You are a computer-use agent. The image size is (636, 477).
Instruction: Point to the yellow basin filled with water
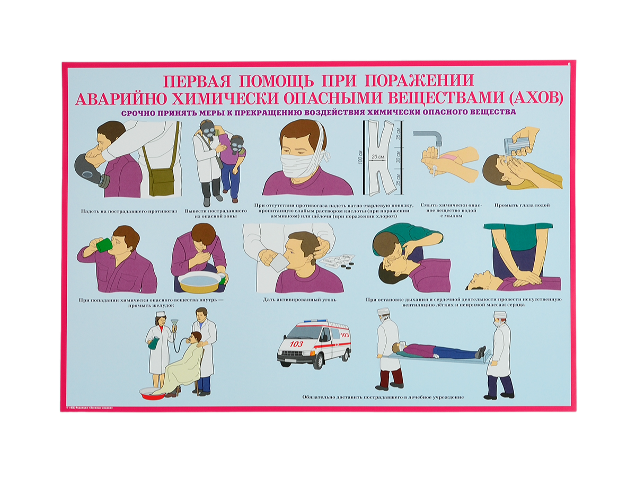pos(200,282)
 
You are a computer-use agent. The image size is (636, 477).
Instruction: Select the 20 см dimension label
pos(378,157)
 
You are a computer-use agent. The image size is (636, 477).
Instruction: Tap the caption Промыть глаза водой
pos(522,205)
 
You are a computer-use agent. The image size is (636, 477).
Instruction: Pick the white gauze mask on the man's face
pos(299,166)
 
